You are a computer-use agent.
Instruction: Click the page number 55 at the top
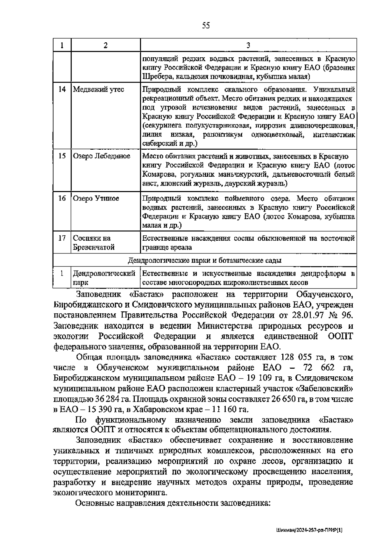click(x=206, y=26)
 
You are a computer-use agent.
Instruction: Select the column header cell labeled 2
click(x=105, y=45)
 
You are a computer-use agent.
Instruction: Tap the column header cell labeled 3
click(x=248, y=45)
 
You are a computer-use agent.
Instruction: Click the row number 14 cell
click(x=62, y=89)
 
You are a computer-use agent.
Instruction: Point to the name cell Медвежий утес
click(x=99, y=89)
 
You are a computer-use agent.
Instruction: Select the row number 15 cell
click(x=62, y=156)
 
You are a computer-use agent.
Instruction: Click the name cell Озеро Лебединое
click(x=102, y=156)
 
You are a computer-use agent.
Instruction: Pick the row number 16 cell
click(x=62, y=198)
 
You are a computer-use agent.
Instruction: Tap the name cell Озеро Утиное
click(x=96, y=198)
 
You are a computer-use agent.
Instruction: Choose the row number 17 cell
click(x=62, y=238)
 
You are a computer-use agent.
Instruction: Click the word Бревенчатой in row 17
click(x=94, y=247)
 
